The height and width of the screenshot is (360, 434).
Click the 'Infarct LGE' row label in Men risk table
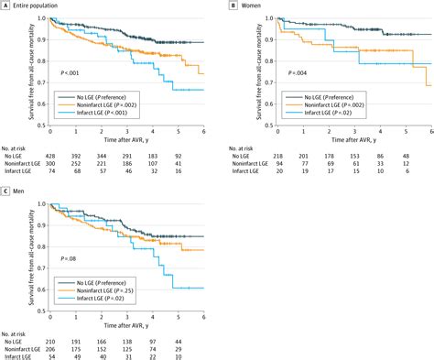[x=19, y=355]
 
